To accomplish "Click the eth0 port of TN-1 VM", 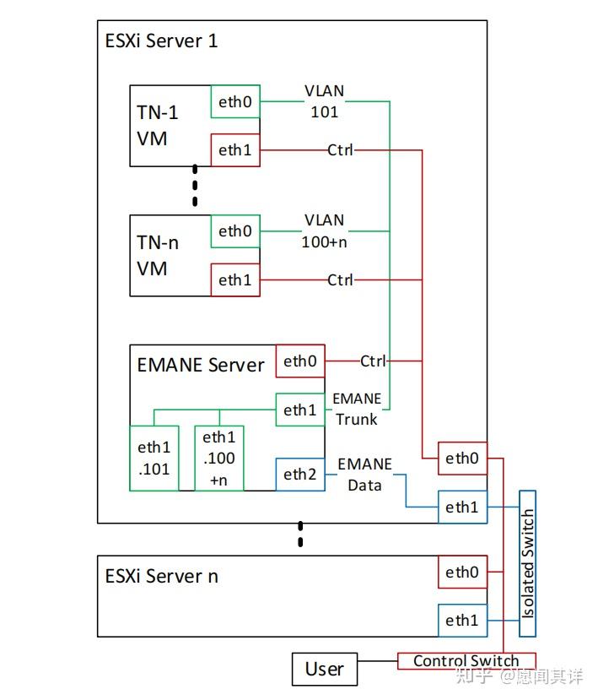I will click(235, 101).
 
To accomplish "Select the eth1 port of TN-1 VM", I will click(235, 151).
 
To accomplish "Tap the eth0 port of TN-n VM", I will click(235, 231).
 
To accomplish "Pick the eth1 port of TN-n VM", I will click(235, 280).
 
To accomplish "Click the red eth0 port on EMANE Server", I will click(299, 361).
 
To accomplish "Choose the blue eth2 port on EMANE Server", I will click(299, 475).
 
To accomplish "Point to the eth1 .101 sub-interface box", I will click(154, 458).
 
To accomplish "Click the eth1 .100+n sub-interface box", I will click(219, 458).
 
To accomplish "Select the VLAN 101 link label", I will click(325, 100).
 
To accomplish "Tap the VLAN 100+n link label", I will click(325, 230).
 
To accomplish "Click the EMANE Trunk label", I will click(357, 408).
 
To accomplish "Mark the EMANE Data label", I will click(364, 474).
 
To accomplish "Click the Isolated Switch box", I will click(528, 563).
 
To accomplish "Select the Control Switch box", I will click(466, 661).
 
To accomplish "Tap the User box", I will click(324, 670).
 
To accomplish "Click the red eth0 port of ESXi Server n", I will click(461, 572).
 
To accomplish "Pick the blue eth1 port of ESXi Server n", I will click(461, 621).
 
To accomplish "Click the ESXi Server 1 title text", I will click(161, 41).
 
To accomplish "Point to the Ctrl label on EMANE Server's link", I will click(372, 361).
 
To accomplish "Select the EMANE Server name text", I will click(201, 365).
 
